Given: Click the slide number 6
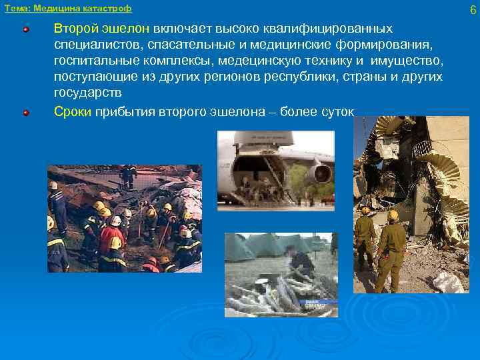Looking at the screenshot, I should (472, 9).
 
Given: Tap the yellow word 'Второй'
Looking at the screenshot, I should (75, 29).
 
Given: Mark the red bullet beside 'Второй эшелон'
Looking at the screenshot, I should (26, 30).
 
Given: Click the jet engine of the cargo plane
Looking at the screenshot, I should (321, 174).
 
